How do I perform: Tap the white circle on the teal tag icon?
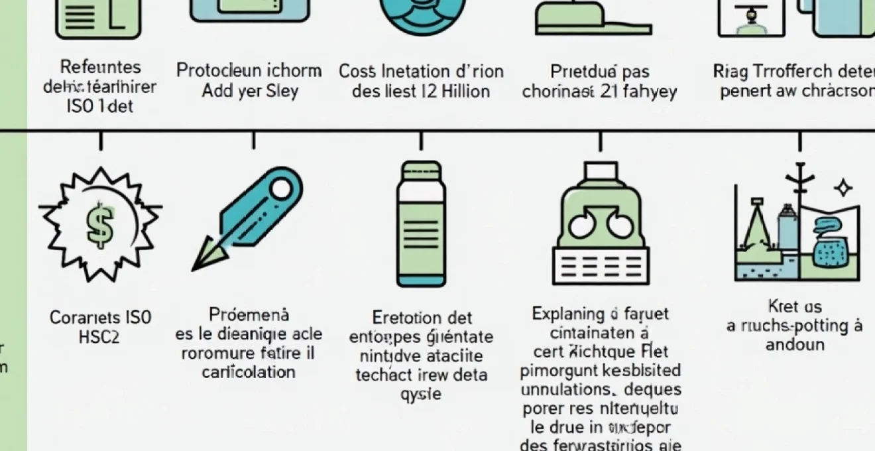(x=280, y=189)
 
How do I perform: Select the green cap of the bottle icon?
(x=421, y=170)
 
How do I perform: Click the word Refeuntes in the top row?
(x=100, y=67)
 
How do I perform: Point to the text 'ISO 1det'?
(x=100, y=105)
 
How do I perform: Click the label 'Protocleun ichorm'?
(x=249, y=70)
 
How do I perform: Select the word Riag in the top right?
(x=729, y=70)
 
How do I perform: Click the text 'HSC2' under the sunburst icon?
(x=99, y=338)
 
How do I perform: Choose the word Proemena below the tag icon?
(x=249, y=314)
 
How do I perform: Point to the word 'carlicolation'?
(x=249, y=372)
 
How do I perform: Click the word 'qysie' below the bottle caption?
(x=421, y=395)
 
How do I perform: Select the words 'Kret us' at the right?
(x=795, y=306)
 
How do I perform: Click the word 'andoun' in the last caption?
(x=795, y=345)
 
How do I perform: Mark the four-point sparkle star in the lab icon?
(x=843, y=189)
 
